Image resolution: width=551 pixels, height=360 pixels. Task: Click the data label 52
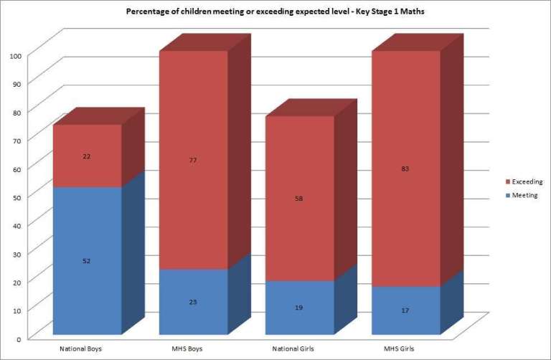point(87,261)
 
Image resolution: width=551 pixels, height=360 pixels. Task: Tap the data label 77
point(194,161)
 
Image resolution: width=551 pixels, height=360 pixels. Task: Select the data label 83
point(405,169)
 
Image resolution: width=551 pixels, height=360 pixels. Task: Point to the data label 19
point(299,308)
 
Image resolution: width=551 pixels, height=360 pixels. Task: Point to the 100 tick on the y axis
point(17,55)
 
